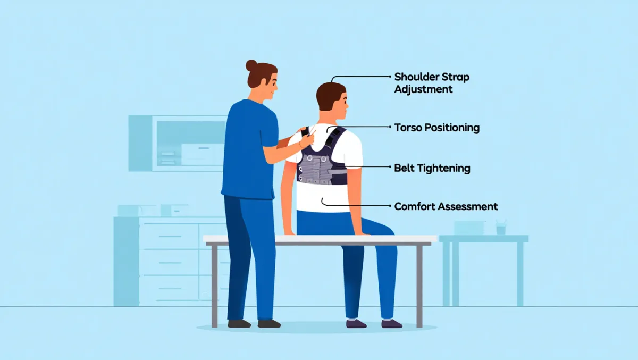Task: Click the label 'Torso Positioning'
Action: [x=436, y=128]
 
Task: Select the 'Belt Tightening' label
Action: [x=432, y=168]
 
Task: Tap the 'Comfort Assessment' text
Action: [x=446, y=206]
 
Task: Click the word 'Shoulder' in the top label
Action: [x=414, y=77]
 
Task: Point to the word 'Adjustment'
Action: [x=423, y=89]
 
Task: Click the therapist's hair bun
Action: [x=251, y=65]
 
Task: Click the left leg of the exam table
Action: [x=214, y=286]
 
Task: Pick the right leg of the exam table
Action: [x=419, y=286]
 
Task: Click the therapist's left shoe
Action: [x=239, y=323]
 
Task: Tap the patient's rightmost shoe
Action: [x=392, y=323]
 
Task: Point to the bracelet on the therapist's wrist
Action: [x=300, y=145]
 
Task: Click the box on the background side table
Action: [x=469, y=228]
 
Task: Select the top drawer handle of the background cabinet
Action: [x=170, y=237]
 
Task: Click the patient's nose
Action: [x=348, y=105]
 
